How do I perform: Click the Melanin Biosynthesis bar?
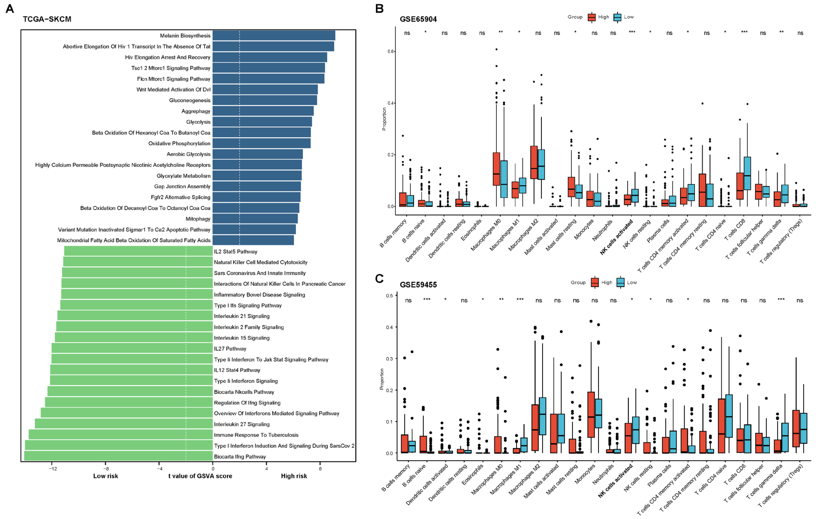[x=274, y=36]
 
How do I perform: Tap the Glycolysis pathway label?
[x=198, y=122]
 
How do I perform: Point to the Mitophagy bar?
[x=255, y=219]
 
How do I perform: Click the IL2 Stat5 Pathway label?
[x=236, y=252]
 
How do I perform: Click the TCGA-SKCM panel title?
[x=47, y=19]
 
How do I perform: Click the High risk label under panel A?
[x=294, y=476]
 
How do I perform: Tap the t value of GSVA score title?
[x=200, y=476]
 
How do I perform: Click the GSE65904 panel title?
[x=418, y=19]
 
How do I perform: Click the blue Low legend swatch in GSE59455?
[x=620, y=282]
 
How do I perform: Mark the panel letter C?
[x=379, y=279]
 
